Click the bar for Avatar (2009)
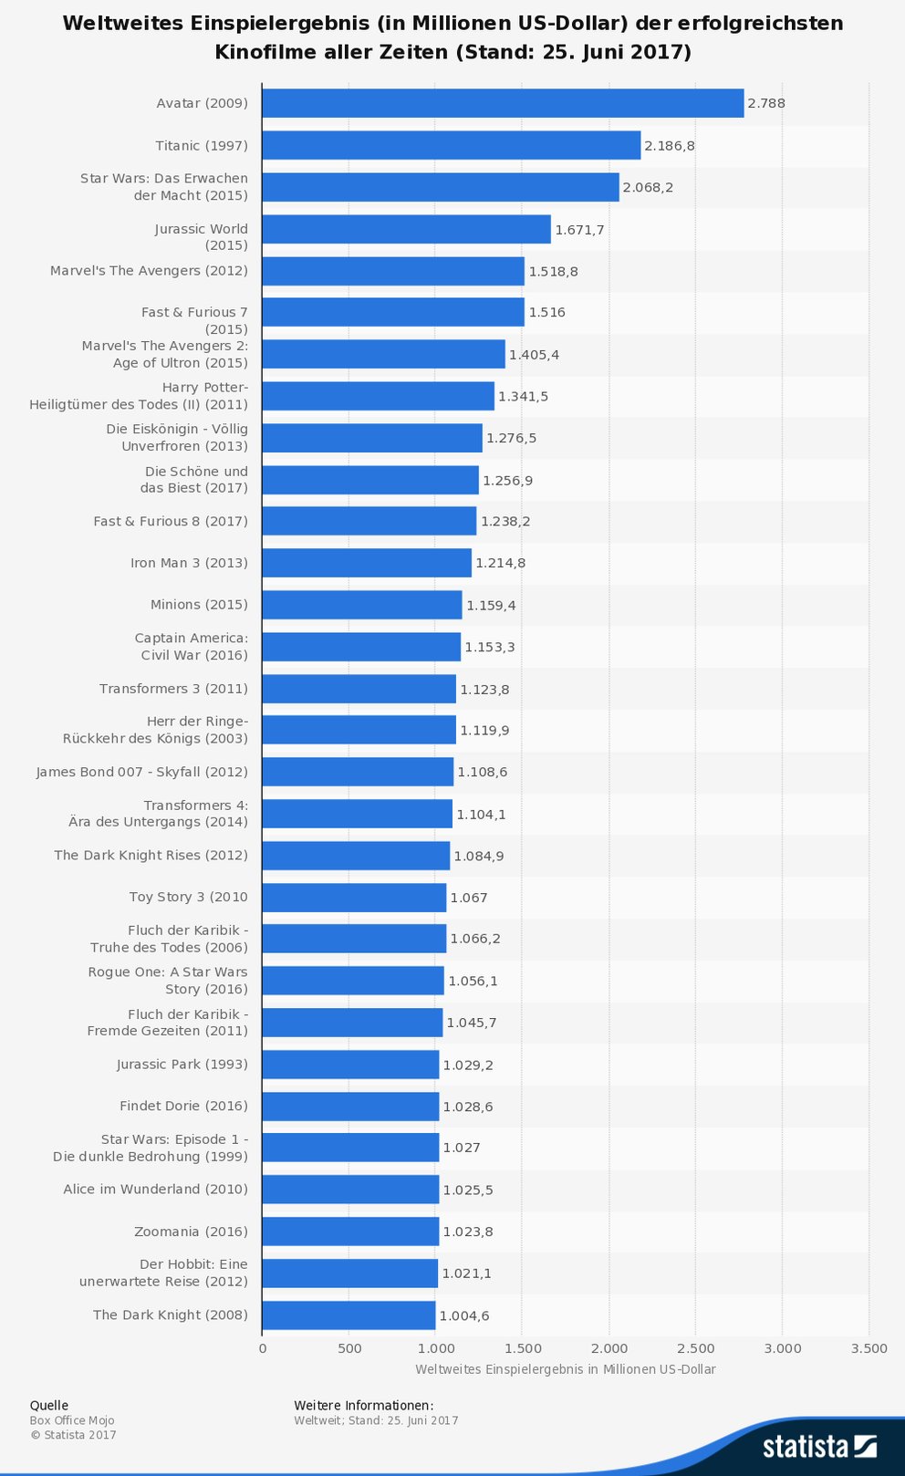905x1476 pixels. pyautogui.click(x=502, y=103)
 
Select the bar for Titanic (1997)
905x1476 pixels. pyautogui.click(x=451, y=145)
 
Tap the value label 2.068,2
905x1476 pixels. pyautogui.click(x=648, y=187)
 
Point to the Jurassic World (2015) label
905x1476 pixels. pyautogui.click(x=201, y=237)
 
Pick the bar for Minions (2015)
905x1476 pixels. pyautogui.click(x=361, y=605)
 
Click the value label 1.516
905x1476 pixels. pyautogui.click(x=547, y=312)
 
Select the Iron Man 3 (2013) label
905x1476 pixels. pyautogui.click(x=189, y=563)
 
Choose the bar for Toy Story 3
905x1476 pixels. pyautogui.click(x=354, y=898)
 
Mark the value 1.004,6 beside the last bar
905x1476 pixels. pyautogui.click(x=464, y=1315)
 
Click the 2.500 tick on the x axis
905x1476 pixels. pyautogui.click(x=696, y=1348)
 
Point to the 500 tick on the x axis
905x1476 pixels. pyautogui.click(x=349, y=1348)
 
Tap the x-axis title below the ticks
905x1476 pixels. pyautogui.click(x=565, y=1369)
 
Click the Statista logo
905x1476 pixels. pyautogui.click(x=819, y=1446)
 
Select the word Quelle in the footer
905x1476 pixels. pyautogui.click(x=49, y=1405)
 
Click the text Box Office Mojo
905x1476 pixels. pyautogui.click(x=72, y=1420)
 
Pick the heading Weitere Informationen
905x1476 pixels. pyautogui.click(x=363, y=1405)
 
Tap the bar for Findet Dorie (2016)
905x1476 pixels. pyautogui.click(x=350, y=1107)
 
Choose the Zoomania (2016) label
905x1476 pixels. pyautogui.click(x=191, y=1232)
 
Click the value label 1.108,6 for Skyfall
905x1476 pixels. pyautogui.click(x=483, y=772)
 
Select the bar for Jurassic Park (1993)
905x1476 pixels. pyautogui.click(x=350, y=1065)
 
